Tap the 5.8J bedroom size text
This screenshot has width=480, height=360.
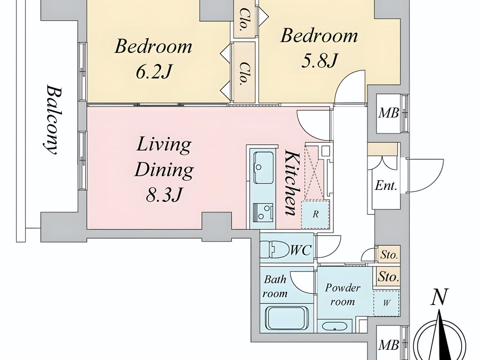319,60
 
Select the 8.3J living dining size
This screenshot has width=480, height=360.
164,194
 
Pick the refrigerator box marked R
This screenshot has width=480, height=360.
315,214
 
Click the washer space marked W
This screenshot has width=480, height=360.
386,303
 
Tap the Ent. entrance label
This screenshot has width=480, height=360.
386,186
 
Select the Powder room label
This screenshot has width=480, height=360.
342,295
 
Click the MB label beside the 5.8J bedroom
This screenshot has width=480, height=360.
388,114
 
